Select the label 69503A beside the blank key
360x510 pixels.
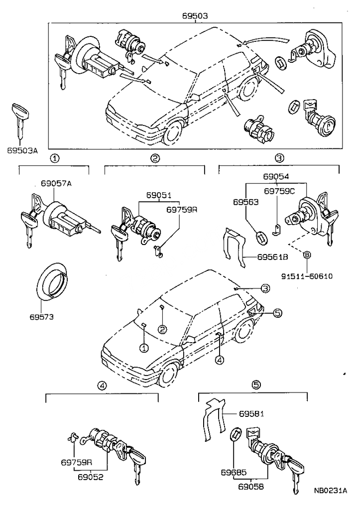click(22, 149)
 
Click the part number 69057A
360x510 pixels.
click(53, 184)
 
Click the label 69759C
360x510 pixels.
click(279, 191)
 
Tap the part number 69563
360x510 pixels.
click(246, 202)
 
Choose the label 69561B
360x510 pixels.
click(273, 257)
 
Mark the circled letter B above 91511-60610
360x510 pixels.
click(307, 255)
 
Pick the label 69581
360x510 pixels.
click(251, 413)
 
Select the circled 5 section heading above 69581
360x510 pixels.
click(256, 384)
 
